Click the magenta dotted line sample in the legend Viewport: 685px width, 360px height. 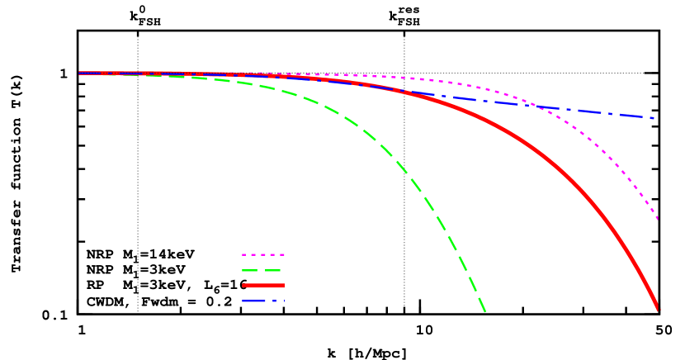click(262, 254)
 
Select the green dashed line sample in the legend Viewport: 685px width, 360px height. click(262, 270)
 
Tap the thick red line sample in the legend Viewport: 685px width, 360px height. click(262, 286)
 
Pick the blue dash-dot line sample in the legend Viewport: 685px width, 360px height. click(262, 301)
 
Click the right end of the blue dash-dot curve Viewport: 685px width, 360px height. click(654, 118)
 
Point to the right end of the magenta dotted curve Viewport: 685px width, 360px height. click(657, 219)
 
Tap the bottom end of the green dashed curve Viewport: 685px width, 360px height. click(485, 311)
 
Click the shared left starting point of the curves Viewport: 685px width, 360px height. click(80, 73)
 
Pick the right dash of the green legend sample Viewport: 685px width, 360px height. click(273, 270)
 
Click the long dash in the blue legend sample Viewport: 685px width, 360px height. click(253, 301)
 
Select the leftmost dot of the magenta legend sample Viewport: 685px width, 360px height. click(244, 254)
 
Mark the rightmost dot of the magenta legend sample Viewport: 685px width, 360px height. click(281, 254)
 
